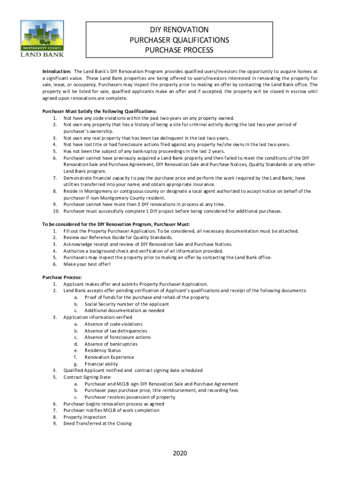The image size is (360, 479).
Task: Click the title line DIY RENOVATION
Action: (179, 30)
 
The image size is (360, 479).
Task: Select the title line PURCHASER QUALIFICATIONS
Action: (179, 40)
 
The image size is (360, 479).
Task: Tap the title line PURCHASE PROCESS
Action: (179, 50)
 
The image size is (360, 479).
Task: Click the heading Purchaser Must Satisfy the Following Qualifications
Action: (100, 111)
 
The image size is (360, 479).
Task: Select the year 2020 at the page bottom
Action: (180, 453)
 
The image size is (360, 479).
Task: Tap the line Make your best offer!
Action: (87, 264)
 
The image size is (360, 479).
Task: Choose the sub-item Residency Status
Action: (102, 350)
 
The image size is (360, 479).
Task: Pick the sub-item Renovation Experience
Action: (109, 357)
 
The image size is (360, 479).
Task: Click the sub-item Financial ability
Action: (101, 363)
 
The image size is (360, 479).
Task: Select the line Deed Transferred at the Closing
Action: (97, 423)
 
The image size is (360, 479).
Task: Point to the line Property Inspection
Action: (85, 417)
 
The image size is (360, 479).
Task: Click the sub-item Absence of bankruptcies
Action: (111, 344)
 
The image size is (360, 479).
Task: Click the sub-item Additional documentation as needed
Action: (124, 311)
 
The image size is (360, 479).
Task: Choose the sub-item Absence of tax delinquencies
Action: (115, 331)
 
